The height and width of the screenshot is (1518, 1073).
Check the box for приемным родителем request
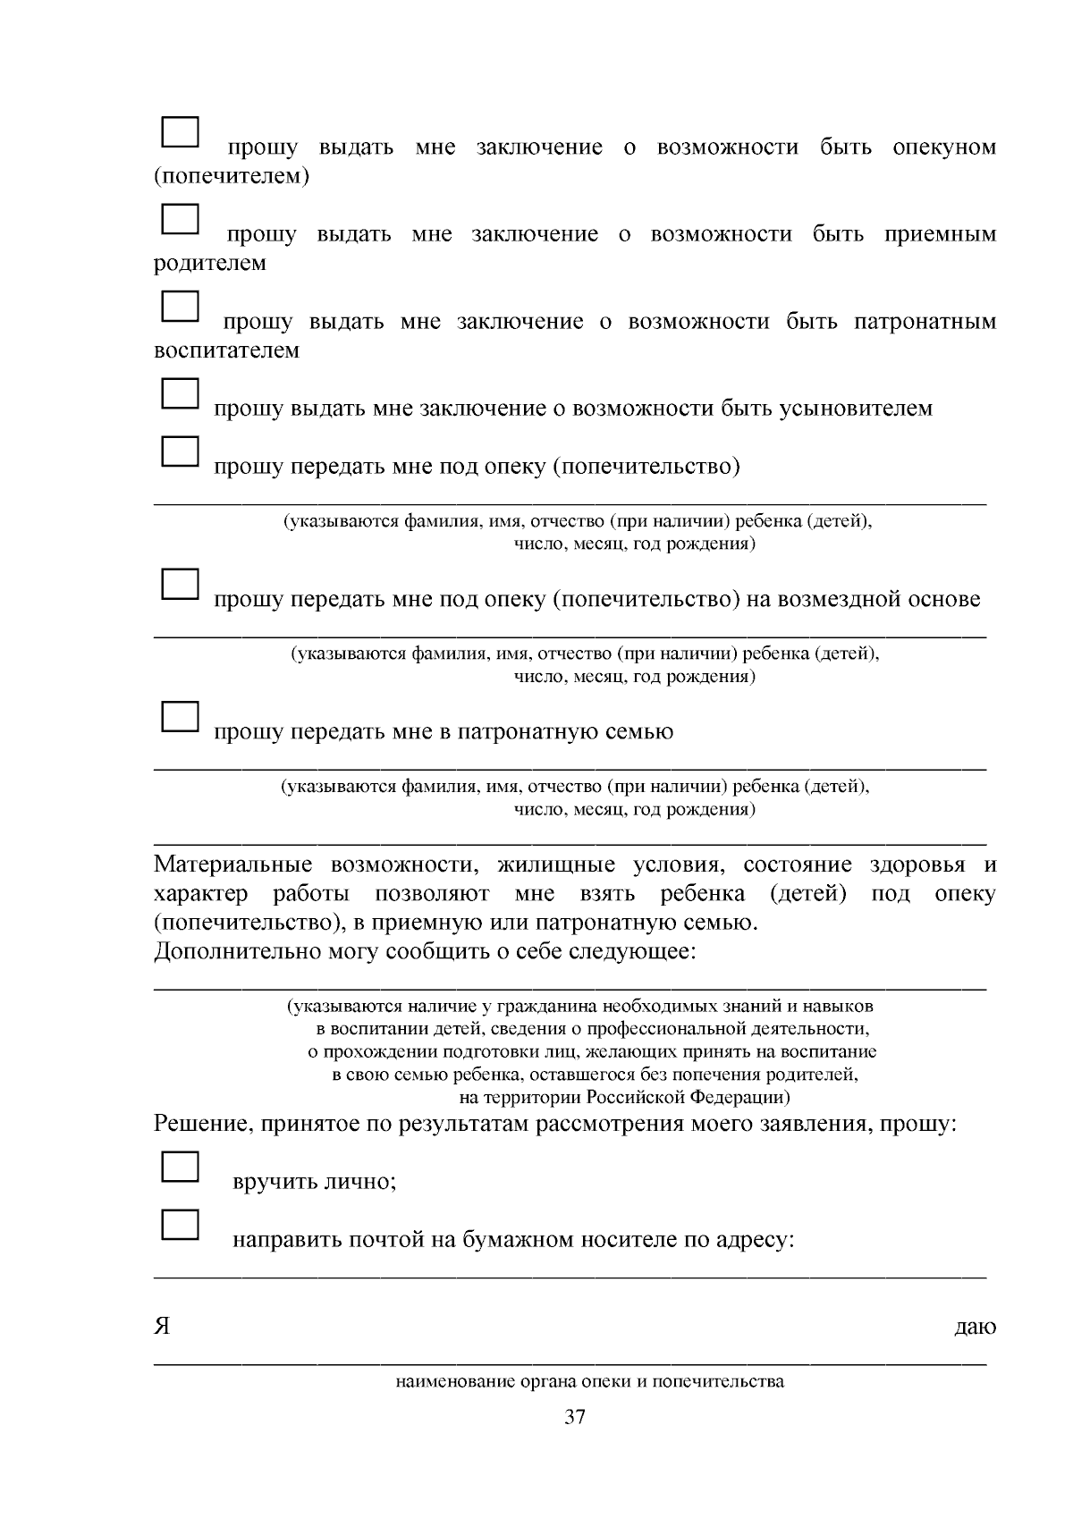coord(179,218)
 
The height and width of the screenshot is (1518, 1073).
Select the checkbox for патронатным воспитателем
coord(179,306)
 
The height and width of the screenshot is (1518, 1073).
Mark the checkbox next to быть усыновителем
coord(179,393)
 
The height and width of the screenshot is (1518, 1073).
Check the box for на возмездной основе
coord(179,584)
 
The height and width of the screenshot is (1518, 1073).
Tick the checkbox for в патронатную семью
coord(179,716)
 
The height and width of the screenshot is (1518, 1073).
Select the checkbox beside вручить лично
coord(179,1167)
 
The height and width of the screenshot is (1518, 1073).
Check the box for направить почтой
coord(179,1225)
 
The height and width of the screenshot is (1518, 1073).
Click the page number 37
coord(575,1417)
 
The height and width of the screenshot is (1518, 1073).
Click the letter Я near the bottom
coord(162,1327)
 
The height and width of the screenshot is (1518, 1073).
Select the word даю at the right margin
coord(976,1328)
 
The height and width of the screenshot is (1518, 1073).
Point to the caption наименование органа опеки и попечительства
coord(589,1381)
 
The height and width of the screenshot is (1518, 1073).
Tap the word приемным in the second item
coord(940,235)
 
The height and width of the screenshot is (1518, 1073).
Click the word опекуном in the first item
coord(944,148)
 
